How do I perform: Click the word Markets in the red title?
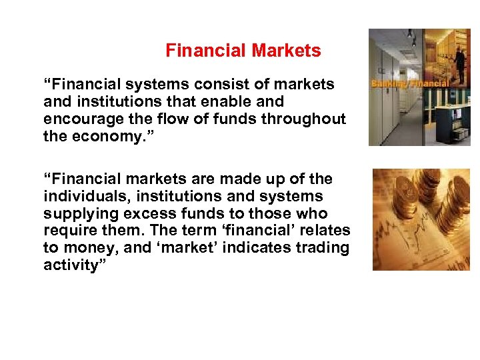[x=287, y=51]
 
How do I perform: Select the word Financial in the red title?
[x=206, y=51]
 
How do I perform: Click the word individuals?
[x=80, y=197]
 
